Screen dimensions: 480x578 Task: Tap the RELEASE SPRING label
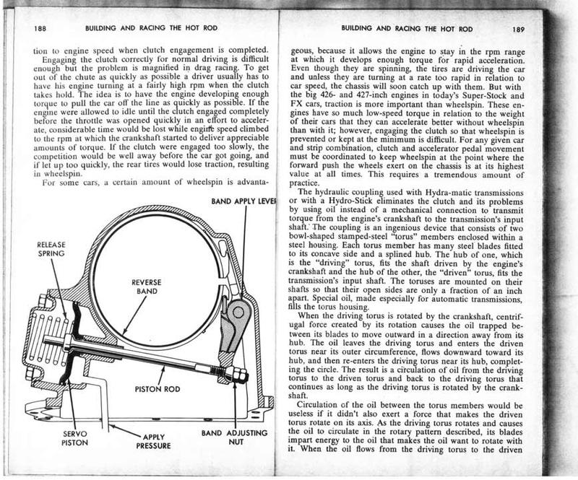tap(51, 250)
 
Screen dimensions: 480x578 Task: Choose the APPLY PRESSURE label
tap(152, 441)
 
